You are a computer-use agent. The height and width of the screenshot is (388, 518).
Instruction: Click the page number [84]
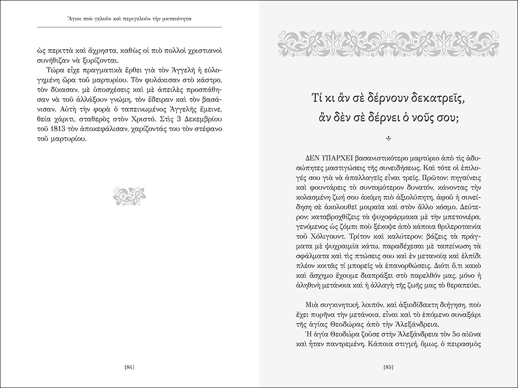(130, 367)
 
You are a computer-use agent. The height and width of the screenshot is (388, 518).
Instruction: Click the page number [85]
(388, 367)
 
